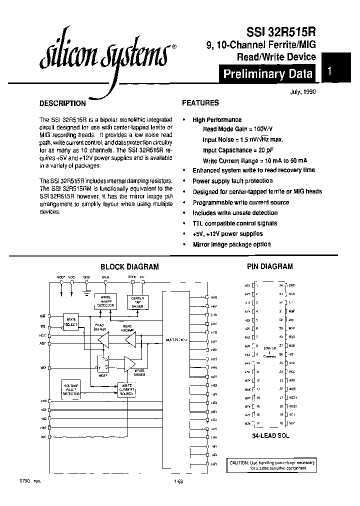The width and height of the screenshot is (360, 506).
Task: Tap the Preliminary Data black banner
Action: [268, 74]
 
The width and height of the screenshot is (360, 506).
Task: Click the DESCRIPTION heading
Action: [62, 103]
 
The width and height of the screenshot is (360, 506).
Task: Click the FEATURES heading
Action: [200, 103]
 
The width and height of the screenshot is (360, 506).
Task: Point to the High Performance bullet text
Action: [217, 120]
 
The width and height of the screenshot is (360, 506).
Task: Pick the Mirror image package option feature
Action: [231, 244]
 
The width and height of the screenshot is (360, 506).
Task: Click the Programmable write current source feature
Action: [240, 202]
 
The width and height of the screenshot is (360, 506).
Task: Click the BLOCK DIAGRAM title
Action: [129, 267]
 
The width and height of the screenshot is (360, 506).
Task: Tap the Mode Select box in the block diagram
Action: [71, 321]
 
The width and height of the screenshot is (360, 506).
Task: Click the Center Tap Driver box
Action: [137, 301]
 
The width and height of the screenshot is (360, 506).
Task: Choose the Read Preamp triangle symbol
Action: [131, 341]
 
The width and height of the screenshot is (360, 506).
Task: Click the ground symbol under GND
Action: [86, 288]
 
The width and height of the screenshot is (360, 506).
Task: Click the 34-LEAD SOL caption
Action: [270, 436]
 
